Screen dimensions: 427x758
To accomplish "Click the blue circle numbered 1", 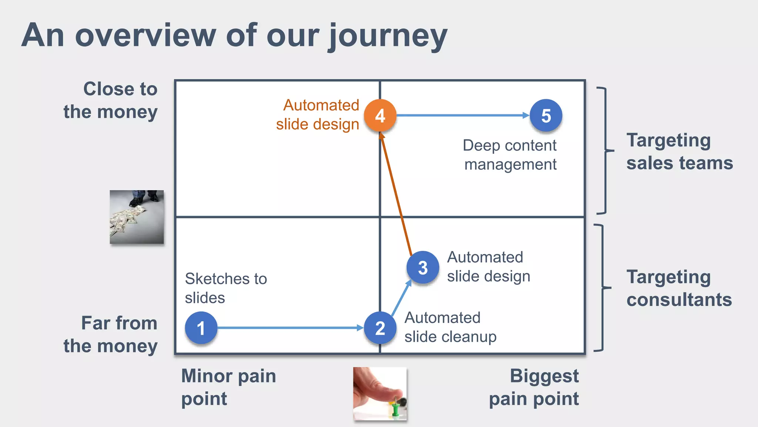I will [x=201, y=328].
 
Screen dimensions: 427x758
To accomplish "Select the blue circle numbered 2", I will [x=380, y=328].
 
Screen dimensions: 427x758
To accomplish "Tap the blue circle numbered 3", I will [x=423, y=267].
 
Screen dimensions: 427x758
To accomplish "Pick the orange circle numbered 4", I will [x=380, y=116].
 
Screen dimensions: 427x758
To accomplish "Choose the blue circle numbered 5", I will [x=546, y=116].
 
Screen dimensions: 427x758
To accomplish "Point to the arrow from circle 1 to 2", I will [x=289, y=328].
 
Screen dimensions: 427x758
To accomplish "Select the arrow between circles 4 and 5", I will [x=463, y=116].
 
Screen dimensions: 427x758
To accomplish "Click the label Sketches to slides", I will [x=226, y=288].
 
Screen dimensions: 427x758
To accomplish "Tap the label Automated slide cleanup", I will [x=450, y=327].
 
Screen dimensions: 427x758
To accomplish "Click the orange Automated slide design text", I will [x=318, y=115].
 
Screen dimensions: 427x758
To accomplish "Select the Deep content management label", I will [x=510, y=155].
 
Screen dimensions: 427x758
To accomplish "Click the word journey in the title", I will [x=388, y=36].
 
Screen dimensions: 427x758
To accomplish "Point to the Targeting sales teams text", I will [x=679, y=151].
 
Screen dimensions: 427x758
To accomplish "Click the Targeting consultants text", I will [x=679, y=288].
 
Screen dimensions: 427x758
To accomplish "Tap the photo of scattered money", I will [x=137, y=217].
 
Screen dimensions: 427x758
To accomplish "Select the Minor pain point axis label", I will [x=228, y=387].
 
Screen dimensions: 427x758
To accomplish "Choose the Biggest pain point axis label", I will [x=534, y=387].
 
